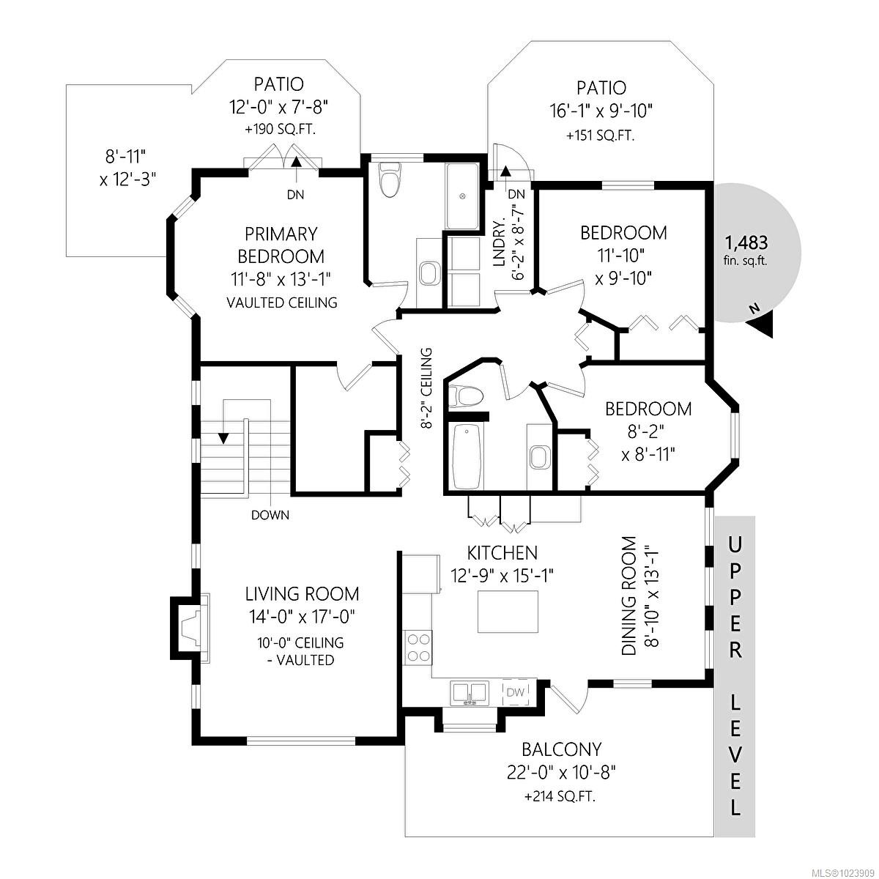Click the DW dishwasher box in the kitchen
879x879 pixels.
516,692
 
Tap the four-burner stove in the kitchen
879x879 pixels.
418,648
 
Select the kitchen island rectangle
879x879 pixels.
508,611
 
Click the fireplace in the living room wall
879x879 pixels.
190,628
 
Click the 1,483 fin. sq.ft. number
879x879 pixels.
746,242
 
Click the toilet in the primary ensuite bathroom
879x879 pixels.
390,179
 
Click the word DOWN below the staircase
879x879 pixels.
270,515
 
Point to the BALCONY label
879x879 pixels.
562,749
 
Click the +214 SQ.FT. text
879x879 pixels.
560,796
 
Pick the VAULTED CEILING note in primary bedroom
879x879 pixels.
282,303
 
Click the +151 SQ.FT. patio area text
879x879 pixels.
601,136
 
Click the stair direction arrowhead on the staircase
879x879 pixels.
223,438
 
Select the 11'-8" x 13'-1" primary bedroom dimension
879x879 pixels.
281,279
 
